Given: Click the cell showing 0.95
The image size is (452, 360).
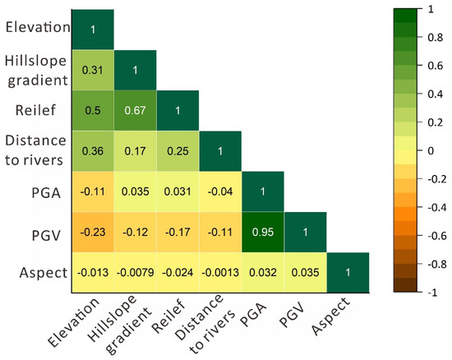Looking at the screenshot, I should tap(263, 232).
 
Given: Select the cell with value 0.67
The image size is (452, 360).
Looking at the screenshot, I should tap(136, 111).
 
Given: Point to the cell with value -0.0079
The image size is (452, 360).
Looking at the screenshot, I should tap(136, 272).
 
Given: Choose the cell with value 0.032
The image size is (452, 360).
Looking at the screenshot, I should tap(263, 272).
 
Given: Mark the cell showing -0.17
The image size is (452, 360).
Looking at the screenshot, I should tap(178, 232).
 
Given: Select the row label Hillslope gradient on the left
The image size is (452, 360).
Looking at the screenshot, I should tap(37, 71).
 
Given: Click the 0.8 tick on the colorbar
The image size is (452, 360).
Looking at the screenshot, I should tap(433, 37).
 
